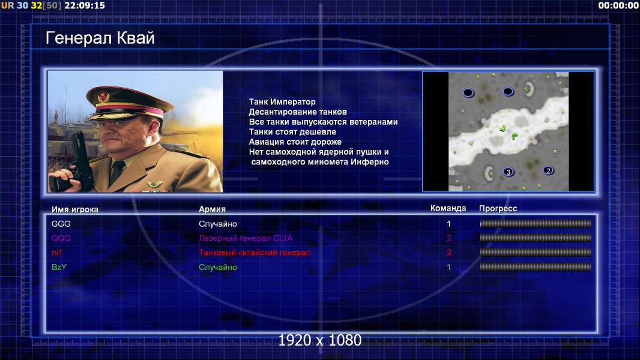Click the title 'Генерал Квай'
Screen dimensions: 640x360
[x=100, y=38]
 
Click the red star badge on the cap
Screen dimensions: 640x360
[x=104, y=96]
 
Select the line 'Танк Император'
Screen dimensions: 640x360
[x=282, y=102]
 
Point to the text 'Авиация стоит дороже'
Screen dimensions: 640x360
[x=295, y=142]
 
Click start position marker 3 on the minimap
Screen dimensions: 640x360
[x=508, y=172]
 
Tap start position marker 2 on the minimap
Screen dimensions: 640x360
[x=548, y=170]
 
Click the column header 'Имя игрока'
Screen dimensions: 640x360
[x=74, y=209]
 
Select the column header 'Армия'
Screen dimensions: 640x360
[x=213, y=209]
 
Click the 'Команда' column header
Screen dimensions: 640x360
[x=448, y=208]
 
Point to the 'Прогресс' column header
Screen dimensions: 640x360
[x=498, y=208]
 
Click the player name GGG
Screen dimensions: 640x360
[x=61, y=224]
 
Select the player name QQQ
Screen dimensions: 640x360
[x=61, y=238]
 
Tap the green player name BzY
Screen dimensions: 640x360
[x=59, y=267]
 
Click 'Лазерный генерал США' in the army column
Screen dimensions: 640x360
[x=246, y=238]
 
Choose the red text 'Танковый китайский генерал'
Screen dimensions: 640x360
[x=255, y=253]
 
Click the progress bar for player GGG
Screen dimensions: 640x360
[x=536, y=223]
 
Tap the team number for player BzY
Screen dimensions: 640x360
[x=448, y=268]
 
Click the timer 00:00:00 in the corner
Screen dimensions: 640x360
[x=618, y=5]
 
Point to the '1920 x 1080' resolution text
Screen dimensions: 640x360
[x=320, y=340]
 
